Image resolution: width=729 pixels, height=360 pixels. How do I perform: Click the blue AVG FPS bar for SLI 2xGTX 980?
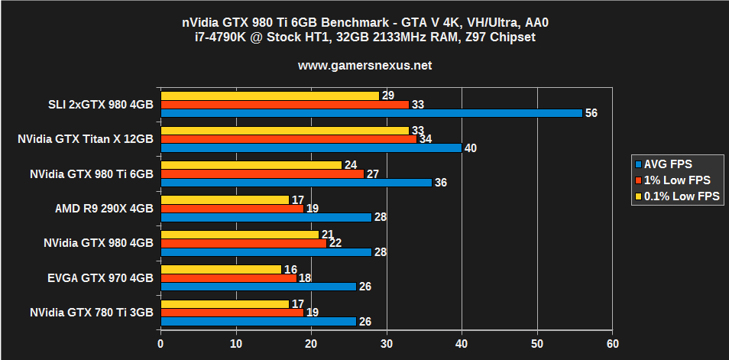[371, 113]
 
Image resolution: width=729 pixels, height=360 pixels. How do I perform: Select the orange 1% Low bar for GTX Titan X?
[288, 139]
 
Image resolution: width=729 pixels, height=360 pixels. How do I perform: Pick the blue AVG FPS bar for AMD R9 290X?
[265, 217]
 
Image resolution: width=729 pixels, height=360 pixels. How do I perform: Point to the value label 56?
[591, 113]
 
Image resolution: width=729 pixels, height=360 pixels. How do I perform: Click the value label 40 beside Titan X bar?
[471, 148]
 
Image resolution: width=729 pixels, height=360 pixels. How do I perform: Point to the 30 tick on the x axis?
[387, 345]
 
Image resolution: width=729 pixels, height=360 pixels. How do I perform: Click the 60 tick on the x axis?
[611, 345]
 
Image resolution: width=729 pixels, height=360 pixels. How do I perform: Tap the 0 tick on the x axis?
[160, 345]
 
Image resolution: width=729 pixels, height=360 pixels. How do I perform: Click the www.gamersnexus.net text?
[364, 66]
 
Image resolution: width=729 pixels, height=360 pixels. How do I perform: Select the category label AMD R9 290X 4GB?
[105, 209]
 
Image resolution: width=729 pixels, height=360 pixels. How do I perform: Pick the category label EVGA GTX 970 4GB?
[101, 277]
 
